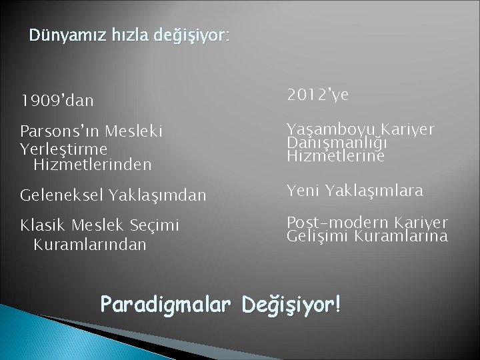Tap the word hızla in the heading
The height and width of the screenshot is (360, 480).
111,34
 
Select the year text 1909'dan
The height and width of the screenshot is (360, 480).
57,101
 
